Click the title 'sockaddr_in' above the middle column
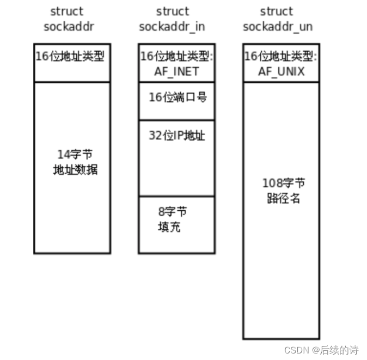pyautogui.click(x=172, y=26)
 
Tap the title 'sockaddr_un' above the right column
pyautogui.click(x=278, y=26)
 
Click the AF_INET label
pyautogui.click(x=176, y=71)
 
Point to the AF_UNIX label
pyautogui.click(x=282, y=71)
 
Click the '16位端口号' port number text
pyautogui.click(x=178, y=97)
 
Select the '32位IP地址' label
pyautogui.click(x=177, y=136)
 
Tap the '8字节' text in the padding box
pyautogui.click(x=172, y=211)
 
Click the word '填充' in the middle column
pyautogui.click(x=169, y=227)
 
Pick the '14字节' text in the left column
pyautogui.click(x=75, y=155)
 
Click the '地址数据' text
pyautogui.click(x=75, y=170)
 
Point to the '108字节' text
pyautogui.click(x=284, y=183)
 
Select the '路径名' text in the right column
pyautogui.click(x=284, y=198)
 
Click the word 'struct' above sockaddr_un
pyautogui.click(x=276, y=11)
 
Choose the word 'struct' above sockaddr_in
pyautogui.click(x=172, y=11)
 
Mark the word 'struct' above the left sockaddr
pyautogui.click(x=66, y=11)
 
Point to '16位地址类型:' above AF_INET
pyautogui.click(x=176, y=57)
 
